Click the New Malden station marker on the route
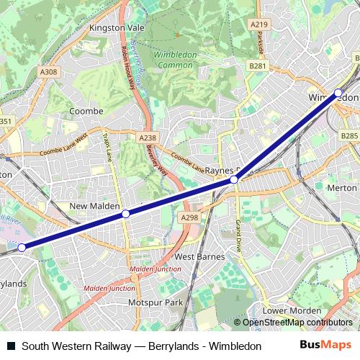pos(125,214)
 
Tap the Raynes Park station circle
pos(234,179)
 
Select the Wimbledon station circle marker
pos(338,92)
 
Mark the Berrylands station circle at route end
pos(22,247)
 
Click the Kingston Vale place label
pos(117,29)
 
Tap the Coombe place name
pos(85,111)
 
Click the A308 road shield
pos(49,72)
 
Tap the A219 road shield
pos(260,24)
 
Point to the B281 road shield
pos(258,66)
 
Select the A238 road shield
pos(147,137)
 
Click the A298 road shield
pos(190,217)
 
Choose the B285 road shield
pos(348,135)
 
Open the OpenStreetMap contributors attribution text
pos(297,323)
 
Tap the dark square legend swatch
pos(10,346)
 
